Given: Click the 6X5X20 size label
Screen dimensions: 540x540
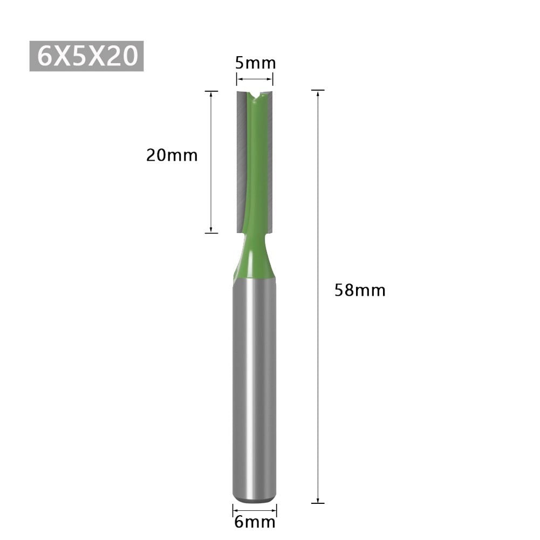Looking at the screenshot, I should pyautogui.click(x=86, y=55).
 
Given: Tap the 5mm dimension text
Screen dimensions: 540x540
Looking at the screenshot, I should pyautogui.click(x=255, y=63).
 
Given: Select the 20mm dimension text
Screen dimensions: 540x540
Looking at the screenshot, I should pyautogui.click(x=172, y=155).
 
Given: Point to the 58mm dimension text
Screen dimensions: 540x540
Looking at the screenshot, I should pyautogui.click(x=360, y=290).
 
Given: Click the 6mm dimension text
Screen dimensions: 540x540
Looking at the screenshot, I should pyautogui.click(x=255, y=522).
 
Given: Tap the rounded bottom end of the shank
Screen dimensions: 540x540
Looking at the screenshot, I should pyautogui.click(x=255, y=501).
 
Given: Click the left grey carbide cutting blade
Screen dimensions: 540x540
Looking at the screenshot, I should pyautogui.click(x=242, y=162).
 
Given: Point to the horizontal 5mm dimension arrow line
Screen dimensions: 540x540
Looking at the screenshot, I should pyautogui.click(x=255, y=80).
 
